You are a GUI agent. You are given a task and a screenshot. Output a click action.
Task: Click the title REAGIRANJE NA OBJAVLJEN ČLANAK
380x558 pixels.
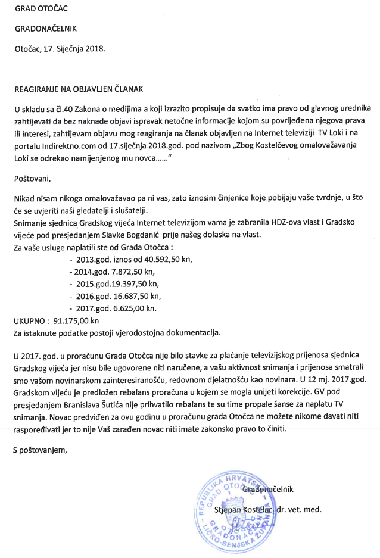pos(79,89)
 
